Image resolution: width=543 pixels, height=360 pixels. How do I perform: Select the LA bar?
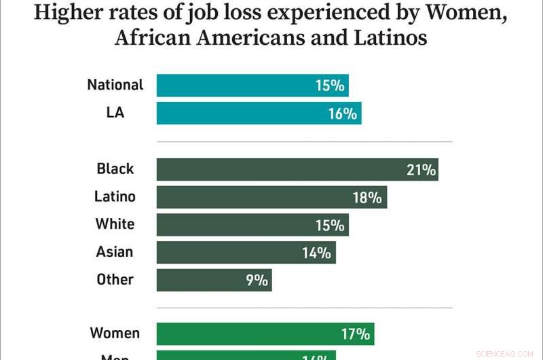click(x=259, y=113)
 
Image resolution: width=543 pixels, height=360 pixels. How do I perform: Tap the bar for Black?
click(x=297, y=169)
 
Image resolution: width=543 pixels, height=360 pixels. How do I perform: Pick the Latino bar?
click(x=271, y=197)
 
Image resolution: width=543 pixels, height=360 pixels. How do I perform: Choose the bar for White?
click(x=252, y=225)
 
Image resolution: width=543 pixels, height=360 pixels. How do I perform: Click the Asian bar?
click(x=246, y=253)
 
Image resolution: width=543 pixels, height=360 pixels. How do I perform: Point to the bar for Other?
click(x=214, y=280)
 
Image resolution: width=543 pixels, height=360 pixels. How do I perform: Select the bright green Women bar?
click(x=265, y=334)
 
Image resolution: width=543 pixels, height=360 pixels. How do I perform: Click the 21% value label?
click(x=421, y=170)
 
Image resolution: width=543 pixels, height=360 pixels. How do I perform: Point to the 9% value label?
click(x=257, y=280)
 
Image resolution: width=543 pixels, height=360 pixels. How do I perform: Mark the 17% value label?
click(x=356, y=334)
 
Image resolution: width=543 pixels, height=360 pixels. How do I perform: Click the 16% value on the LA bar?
click(x=342, y=114)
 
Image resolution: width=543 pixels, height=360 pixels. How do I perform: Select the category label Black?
click(x=115, y=168)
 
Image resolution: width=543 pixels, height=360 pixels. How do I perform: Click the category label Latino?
click(x=115, y=197)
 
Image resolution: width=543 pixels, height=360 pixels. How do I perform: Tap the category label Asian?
click(x=115, y=252)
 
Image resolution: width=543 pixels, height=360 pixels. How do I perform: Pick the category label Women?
click(x=115, y=334)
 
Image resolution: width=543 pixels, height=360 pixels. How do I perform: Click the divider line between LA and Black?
click(x=304, y=142)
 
